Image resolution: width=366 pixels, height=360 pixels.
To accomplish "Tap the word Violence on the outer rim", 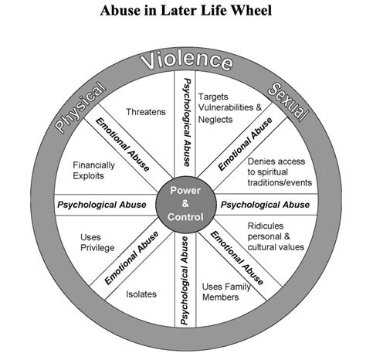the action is click(x=187, y=60).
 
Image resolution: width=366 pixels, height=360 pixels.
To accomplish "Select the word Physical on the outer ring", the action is click(x=80, y=107).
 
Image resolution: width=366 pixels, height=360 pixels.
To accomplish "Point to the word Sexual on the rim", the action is click(x=288, y=102).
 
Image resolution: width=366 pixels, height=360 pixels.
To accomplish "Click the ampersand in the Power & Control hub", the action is click(x=185, y=204).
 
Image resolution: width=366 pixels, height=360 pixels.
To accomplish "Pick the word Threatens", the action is click(x=146, y=112).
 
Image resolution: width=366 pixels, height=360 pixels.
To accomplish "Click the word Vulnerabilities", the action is click(x=225, y=107).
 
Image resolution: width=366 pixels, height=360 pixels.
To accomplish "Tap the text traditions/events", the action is click(x=280, y=182).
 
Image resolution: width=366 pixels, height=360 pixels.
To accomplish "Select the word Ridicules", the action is click(x=266, y=226).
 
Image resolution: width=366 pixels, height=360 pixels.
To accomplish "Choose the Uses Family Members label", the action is click(x=226, y=292).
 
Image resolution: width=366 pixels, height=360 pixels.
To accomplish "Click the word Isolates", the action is click(x=141, y=294).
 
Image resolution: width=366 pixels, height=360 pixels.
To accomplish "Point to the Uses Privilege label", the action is click(x=97, y=243).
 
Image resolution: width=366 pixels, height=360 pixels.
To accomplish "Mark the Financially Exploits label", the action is click(x=93, y=170).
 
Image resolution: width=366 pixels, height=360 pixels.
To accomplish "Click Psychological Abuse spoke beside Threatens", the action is click(x=187, y=123).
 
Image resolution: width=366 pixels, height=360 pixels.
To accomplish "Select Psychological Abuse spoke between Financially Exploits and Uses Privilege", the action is click(x=102, y=205).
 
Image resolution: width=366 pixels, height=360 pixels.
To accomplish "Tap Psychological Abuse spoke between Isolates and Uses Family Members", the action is click(x=185, y=280).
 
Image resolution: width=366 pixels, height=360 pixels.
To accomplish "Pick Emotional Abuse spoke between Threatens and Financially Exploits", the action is click(x=123, y=144).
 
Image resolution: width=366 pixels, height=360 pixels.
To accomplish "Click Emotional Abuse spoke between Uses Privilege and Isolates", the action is click(x=131, y=258).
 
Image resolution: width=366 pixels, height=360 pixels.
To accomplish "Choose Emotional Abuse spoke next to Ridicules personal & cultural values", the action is click(x=237, y=258).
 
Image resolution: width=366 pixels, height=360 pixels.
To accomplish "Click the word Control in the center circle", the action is click(x=185, y=217).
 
